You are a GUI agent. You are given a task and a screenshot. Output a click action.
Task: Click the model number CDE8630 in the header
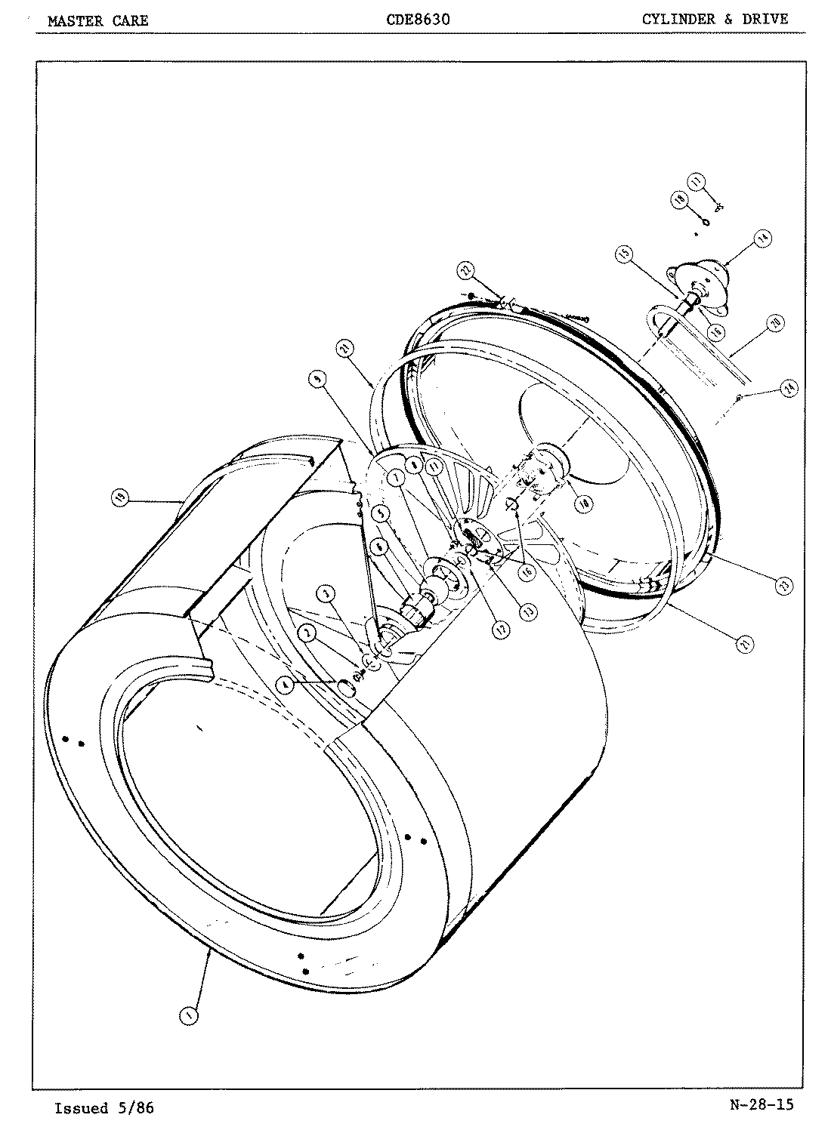tap(417, 20)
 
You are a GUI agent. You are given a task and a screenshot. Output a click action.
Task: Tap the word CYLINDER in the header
tap(678, 20)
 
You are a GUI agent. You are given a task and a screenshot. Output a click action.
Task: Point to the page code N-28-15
tap(762, 1105)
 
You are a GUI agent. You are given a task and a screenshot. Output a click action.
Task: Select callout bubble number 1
tap(188, 1016)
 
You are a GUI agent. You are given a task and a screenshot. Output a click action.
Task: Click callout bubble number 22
tap(466, 271)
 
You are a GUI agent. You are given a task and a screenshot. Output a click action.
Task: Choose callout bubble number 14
tap(763, 239)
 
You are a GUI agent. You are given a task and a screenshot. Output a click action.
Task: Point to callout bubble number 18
tap(679, 199)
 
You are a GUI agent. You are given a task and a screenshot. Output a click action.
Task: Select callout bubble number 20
tap(774, 322)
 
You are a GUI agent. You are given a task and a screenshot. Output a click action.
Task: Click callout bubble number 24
tap(789, 389)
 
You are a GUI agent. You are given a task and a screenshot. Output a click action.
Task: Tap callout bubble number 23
tap(783, 584)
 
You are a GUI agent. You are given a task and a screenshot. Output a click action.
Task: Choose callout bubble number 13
tap(530, 611)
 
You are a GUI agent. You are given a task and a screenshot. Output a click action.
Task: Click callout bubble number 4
tap(286, 685)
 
